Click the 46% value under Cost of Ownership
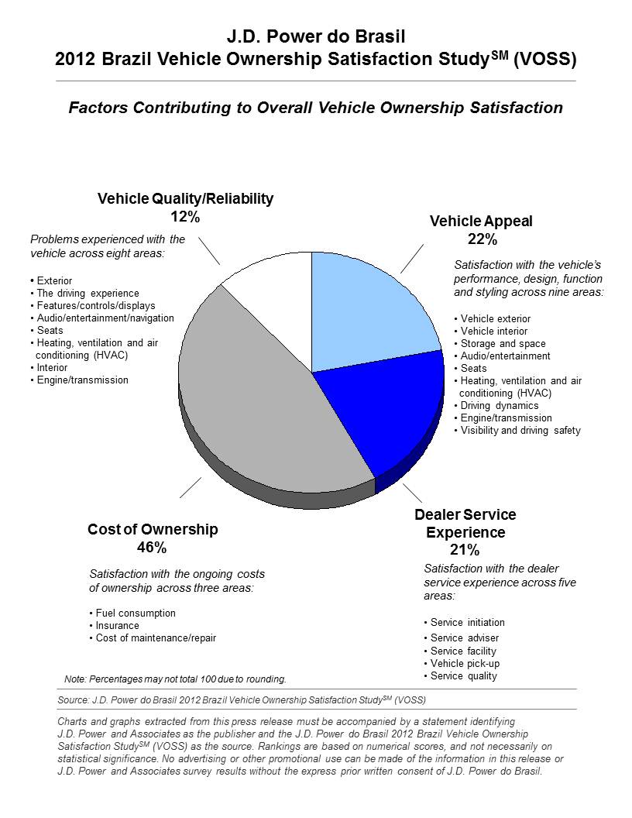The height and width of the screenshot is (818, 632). (152, 547)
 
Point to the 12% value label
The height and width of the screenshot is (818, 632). (185, 216)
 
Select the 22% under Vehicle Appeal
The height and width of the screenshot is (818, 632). (483, 239)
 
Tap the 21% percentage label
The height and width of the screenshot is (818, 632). (465, 549)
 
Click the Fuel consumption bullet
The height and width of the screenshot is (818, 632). (132, 613)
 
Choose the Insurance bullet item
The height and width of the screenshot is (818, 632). (114, 625)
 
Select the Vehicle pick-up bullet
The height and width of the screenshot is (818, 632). (462, 664)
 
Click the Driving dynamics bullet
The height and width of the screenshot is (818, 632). (496, 405)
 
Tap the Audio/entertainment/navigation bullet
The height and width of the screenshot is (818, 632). (102, 318)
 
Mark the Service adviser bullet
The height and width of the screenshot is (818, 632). (462, 638)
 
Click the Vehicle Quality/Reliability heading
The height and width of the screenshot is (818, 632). (186, 199)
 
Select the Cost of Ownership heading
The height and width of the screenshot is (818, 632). (153, 530)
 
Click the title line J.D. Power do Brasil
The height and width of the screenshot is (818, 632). (316, 36)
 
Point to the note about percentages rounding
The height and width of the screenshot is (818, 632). (175, 679)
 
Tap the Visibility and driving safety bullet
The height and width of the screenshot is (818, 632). (517, 431)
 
